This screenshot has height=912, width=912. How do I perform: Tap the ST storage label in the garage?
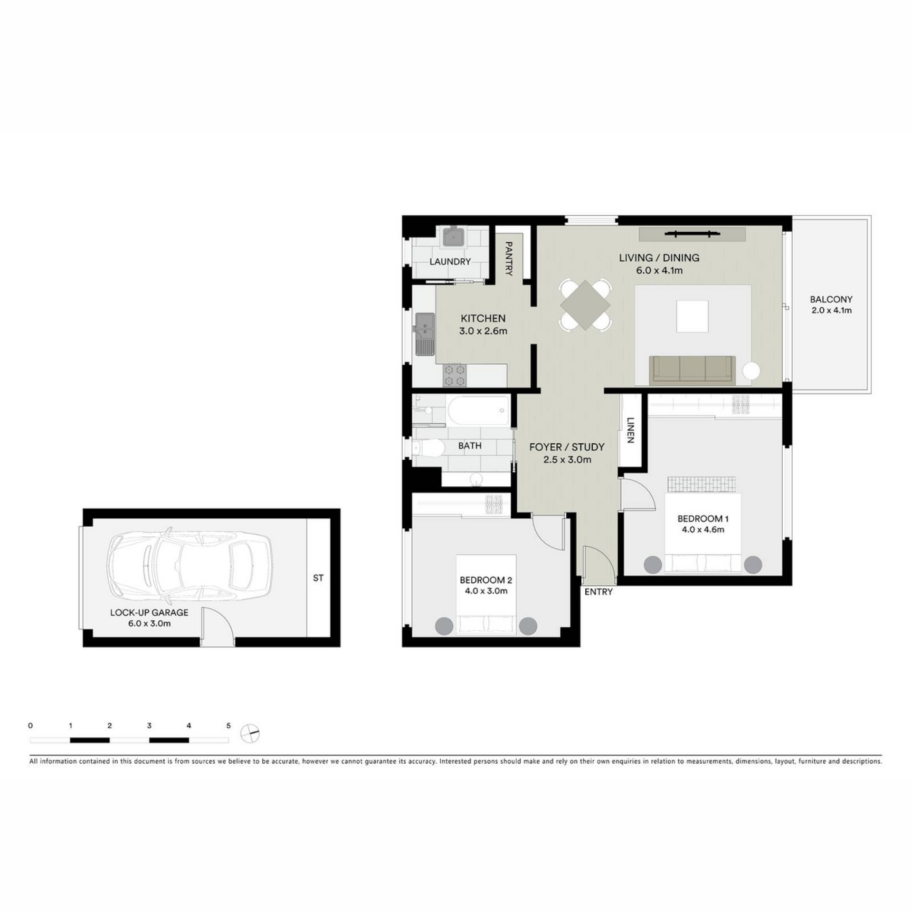click(318, 578)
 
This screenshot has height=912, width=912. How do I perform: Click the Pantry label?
click(509, 259)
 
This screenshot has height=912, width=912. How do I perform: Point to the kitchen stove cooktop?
click(454, 375)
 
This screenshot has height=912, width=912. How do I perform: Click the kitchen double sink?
click(425, 334)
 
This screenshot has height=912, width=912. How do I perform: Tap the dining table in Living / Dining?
click(585, 305)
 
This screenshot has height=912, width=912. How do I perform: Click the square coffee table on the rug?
click(693, 316)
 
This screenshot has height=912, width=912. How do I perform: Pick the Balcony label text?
click(831, 300)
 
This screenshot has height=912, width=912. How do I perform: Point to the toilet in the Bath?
click(427, 447)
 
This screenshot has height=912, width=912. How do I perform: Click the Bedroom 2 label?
click(485, 580)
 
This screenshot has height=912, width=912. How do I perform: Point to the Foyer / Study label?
click(567, 447)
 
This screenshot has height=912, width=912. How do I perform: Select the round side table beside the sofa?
click(751, 370)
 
